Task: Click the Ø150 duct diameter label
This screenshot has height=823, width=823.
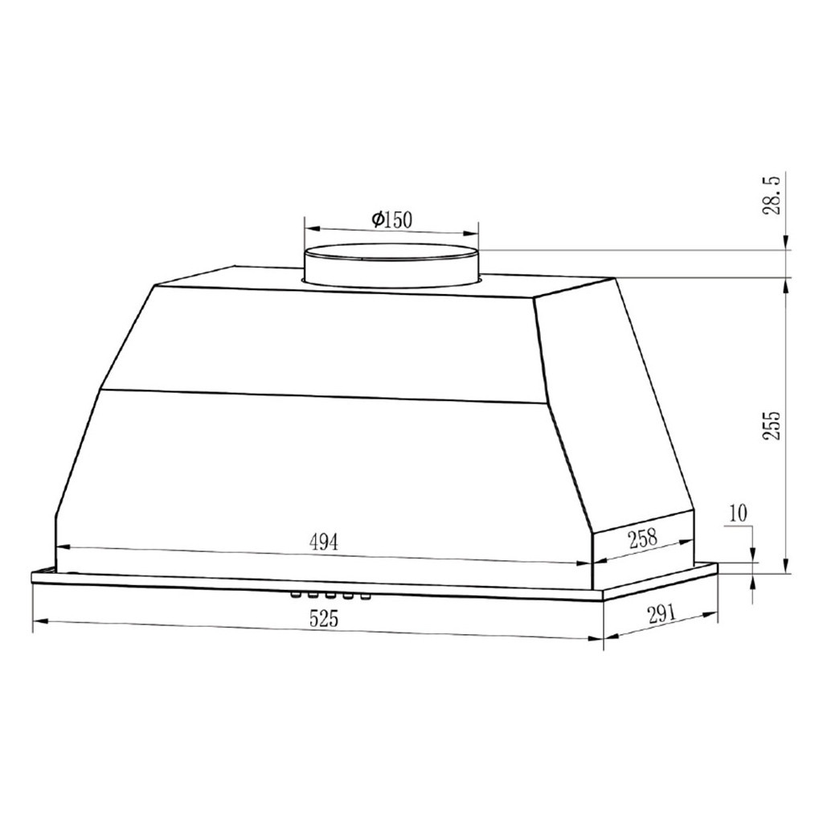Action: click(392, 219)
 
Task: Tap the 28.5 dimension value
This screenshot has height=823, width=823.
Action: click(772, 196)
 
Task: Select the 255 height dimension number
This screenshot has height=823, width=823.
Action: click(772, 425)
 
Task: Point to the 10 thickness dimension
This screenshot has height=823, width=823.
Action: click(738, 513)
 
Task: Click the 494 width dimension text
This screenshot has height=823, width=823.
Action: click(323, 542)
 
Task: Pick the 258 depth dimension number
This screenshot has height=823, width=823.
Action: click(643, 538)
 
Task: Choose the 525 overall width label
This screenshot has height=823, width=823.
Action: click(324, 620)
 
